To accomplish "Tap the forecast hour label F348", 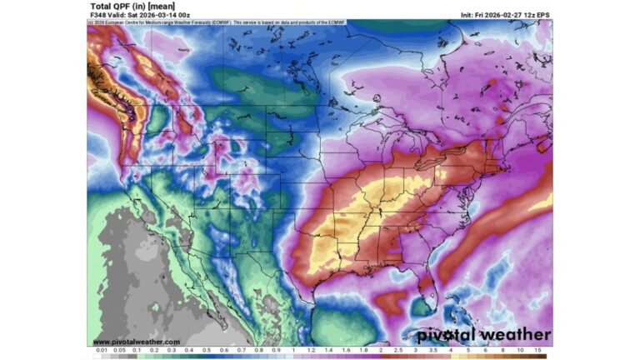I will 97,15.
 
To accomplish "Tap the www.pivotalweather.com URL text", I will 136,342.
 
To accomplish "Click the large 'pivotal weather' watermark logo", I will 483,334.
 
